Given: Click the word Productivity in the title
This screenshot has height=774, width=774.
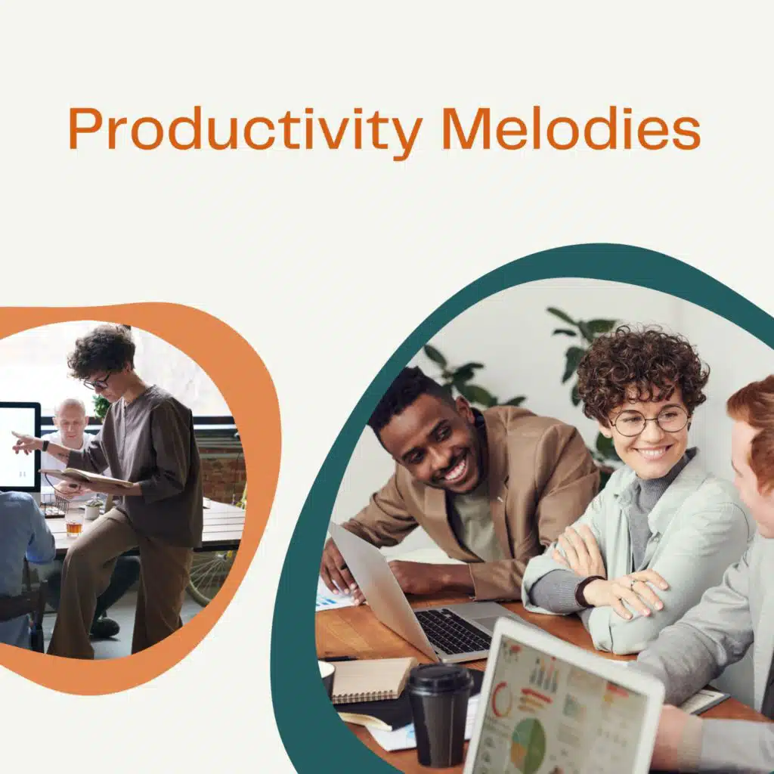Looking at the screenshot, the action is tap(246, 130).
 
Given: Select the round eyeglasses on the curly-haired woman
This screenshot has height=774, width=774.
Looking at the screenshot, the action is tap(649, 419).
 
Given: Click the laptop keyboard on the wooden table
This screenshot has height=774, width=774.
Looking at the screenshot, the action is tap(454, 630).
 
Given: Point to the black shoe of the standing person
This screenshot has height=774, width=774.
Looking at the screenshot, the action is tap(104, 627).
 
